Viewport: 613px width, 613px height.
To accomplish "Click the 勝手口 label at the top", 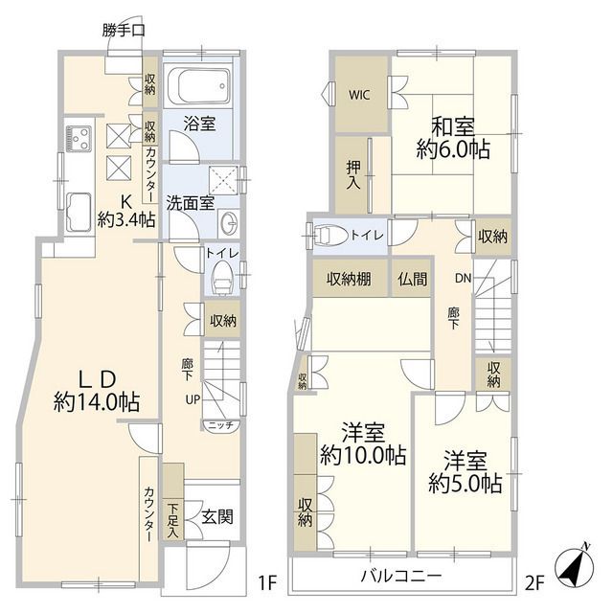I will point(124,31).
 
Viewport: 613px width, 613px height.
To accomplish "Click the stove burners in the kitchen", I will point(77,135).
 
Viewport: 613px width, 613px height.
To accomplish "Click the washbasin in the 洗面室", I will point(228,223).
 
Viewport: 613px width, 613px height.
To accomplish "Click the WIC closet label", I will point(359,95).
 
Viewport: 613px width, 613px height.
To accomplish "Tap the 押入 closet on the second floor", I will point(352,173).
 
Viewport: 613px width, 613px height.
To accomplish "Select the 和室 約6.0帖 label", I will point(453,137).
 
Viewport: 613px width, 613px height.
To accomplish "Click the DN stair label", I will point(462,279).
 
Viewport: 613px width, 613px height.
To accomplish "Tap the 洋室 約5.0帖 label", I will point(465,471).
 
